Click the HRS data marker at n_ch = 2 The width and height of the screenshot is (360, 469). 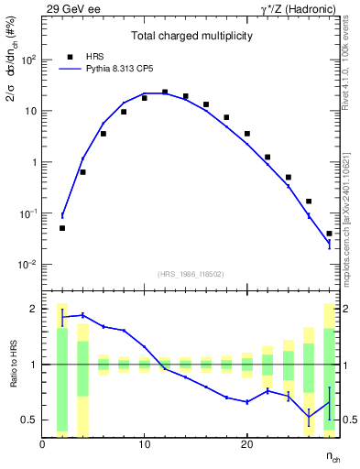[62, 228]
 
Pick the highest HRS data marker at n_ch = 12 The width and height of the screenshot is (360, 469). [165, 92]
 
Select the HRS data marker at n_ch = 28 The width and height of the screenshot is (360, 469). [329, 234]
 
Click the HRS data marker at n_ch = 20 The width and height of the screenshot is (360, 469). [247, 134]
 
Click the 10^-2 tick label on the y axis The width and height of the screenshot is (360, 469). [28, 265]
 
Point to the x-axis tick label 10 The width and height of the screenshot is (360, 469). [145, 444]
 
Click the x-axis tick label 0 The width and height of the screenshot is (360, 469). [43, 444]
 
